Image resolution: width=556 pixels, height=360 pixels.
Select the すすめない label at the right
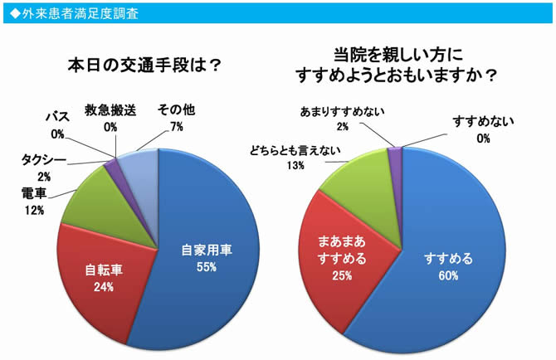tap(483, 121)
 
